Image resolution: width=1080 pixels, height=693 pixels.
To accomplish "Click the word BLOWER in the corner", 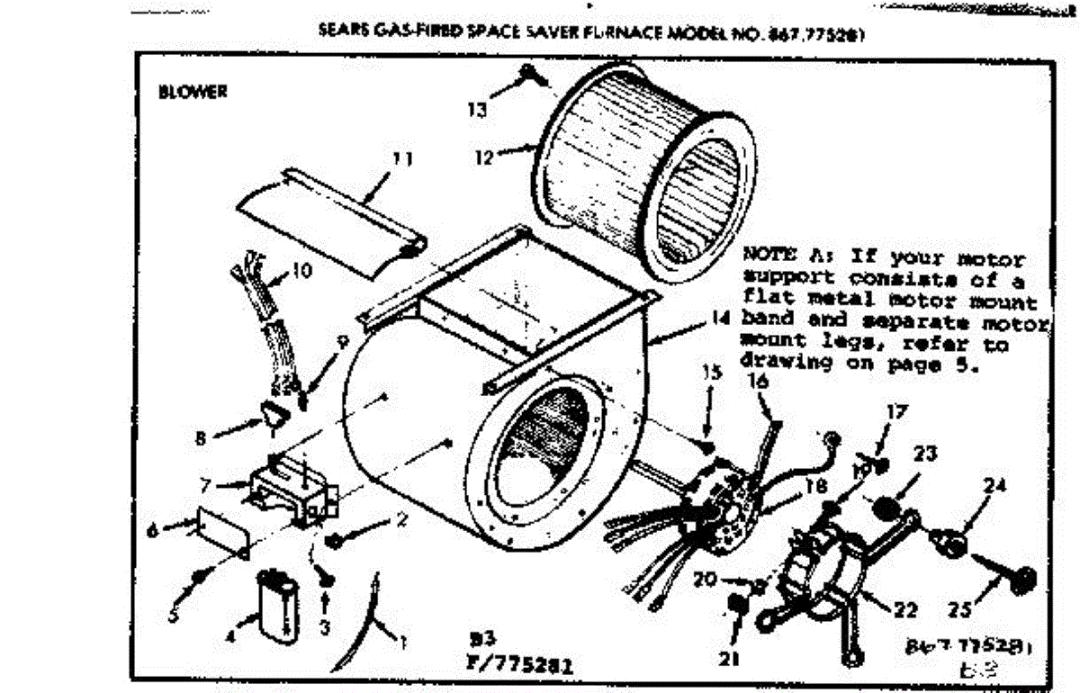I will (x=192, y=91).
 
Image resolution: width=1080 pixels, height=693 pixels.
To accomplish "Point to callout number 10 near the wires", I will (x=302, y=268).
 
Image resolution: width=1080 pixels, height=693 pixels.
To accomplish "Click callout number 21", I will (x=729, y=659).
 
